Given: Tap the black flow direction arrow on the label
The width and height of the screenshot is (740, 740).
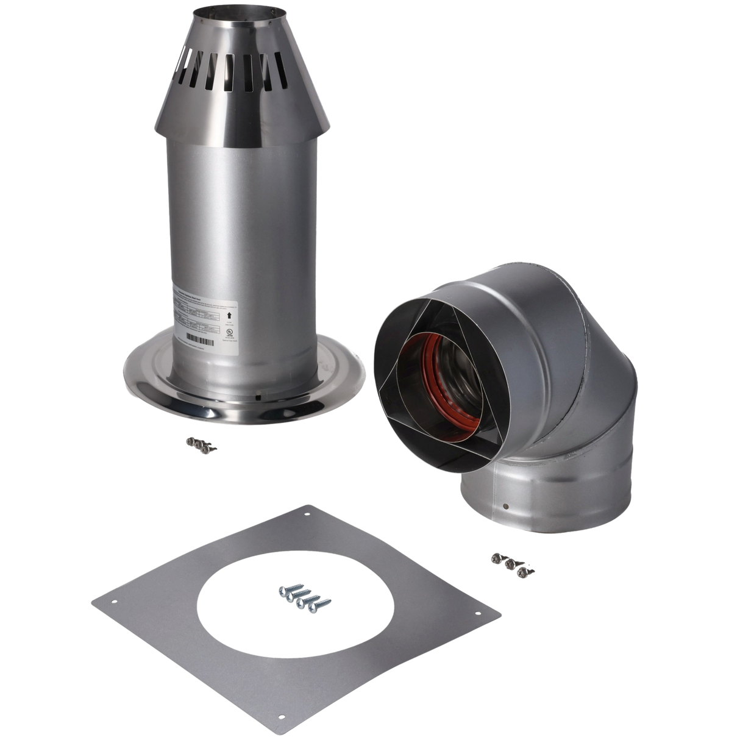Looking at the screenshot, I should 229,314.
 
